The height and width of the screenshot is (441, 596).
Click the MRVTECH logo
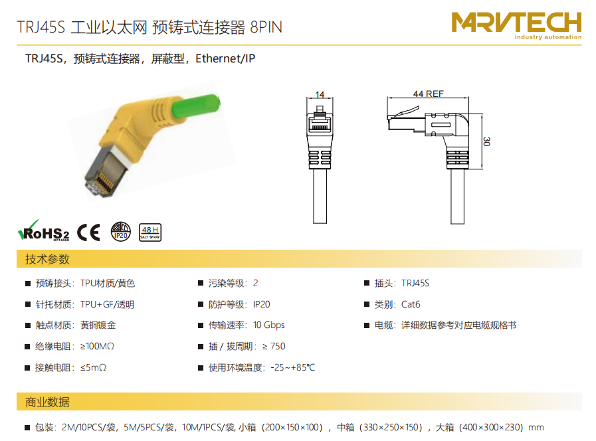click(516, 25)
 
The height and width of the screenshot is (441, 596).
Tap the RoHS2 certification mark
click(44, 231)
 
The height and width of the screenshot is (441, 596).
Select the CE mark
click(88, 232)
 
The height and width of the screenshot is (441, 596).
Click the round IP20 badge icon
click(120, 232)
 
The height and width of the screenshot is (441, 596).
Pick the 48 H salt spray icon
click(150, 232)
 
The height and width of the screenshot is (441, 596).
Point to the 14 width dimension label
click(320, 94)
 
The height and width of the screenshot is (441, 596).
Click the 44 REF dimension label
click(428, 94)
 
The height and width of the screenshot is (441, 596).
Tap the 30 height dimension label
click(486, 141)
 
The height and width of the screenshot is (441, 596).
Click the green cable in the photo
click(196, 106)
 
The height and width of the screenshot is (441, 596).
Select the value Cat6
click(411, 304)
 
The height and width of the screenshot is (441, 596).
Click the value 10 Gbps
click(268, 325)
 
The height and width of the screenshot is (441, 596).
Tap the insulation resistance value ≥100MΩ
click(97, 346)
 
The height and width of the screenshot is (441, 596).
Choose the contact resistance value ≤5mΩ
click(93, 367)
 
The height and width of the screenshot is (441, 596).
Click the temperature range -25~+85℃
click(292, 367)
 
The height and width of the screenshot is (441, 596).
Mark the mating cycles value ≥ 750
click(274, 346)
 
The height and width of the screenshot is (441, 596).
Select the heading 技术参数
click(47, 259)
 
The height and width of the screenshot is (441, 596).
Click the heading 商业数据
click(47, 402)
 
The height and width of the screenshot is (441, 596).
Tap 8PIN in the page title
click(266, 27)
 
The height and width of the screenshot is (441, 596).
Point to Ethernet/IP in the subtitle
click(225, 58)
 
